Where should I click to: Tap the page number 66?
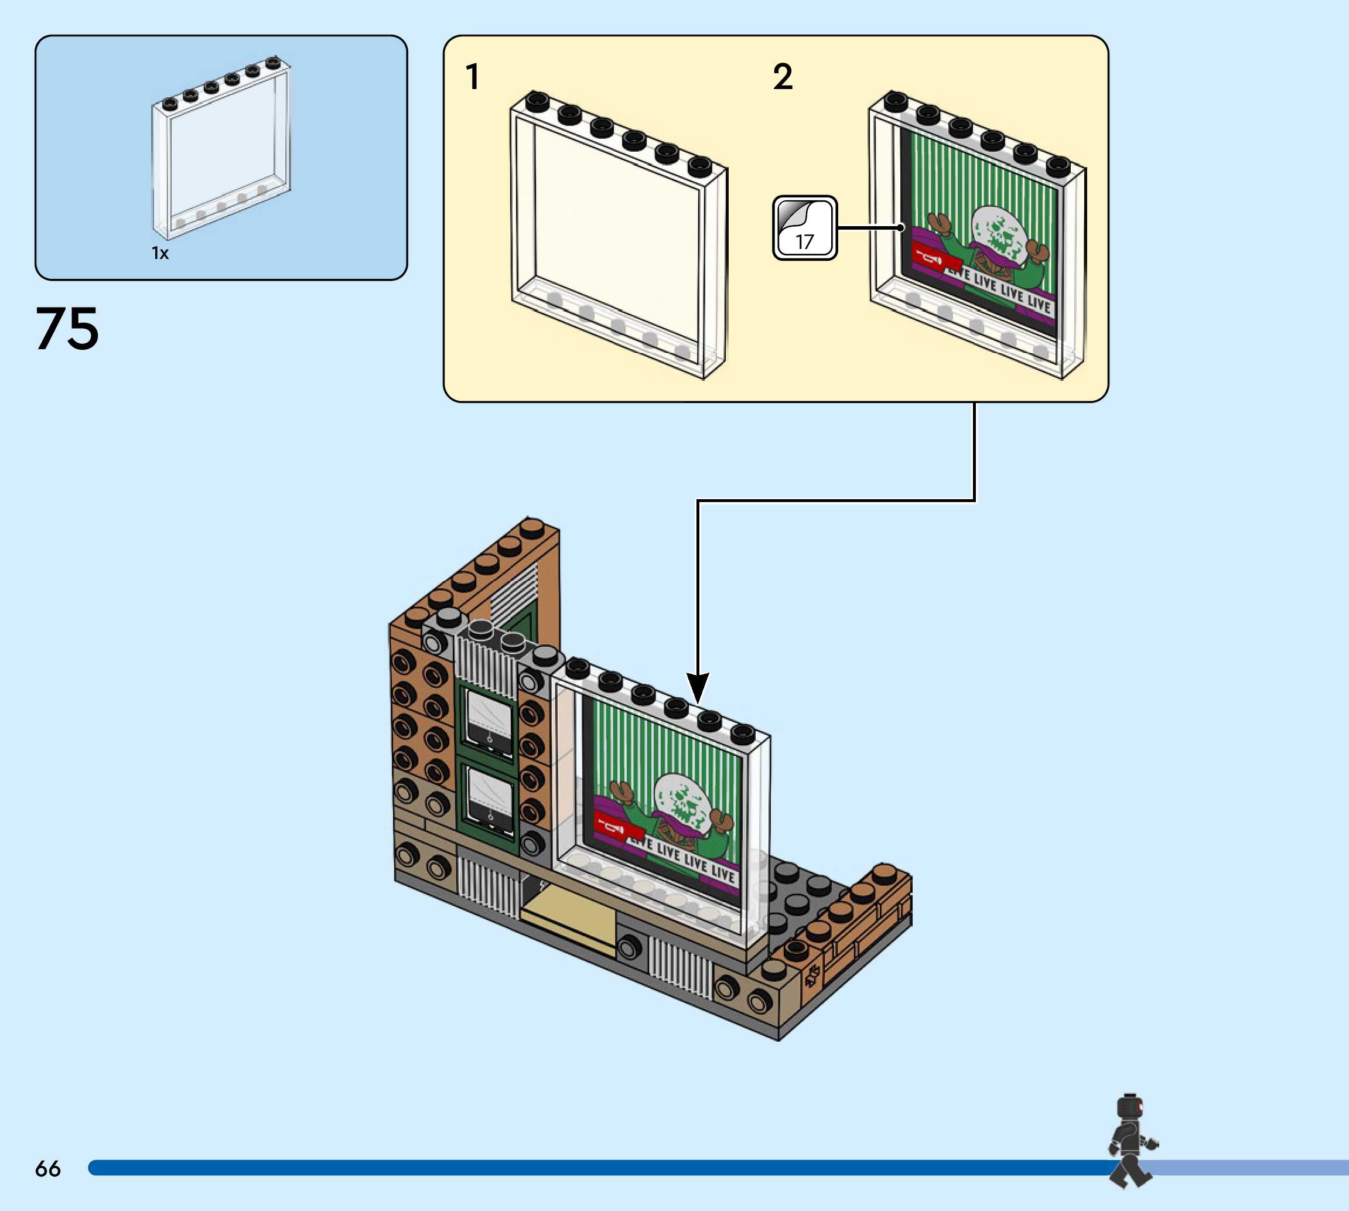[48, 1168]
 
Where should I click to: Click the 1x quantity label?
[160, 253]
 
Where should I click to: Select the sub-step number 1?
[472, 77]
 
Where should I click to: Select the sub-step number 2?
[783, 77]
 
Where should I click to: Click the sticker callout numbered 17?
[805, 227]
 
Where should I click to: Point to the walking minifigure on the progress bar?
[1133, 1140]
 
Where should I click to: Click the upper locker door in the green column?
[490, 724]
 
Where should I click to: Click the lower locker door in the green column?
[490, 799]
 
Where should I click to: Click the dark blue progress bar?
[599, 1168]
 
